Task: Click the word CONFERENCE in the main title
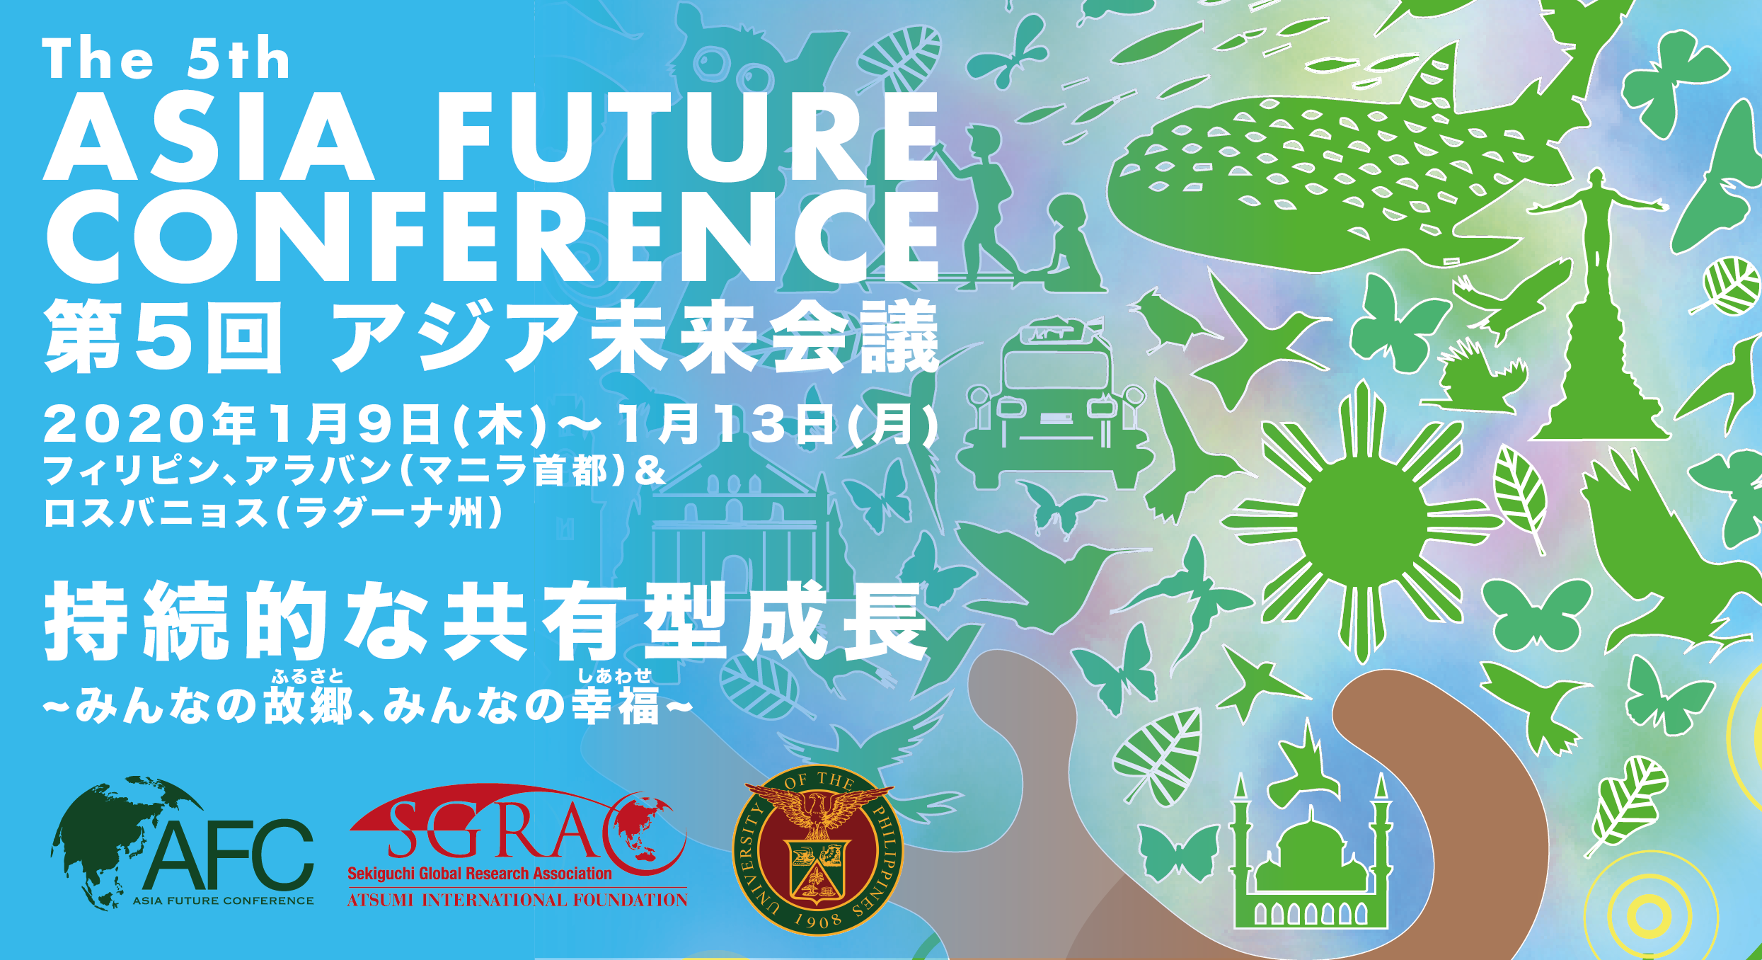[492, 237]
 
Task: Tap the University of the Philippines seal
[817, 850]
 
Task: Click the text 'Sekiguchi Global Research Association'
[479, 874]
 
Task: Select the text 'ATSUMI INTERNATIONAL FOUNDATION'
[517, 900]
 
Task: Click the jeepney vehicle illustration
[1054, 404]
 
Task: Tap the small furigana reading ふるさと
[307, 677]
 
